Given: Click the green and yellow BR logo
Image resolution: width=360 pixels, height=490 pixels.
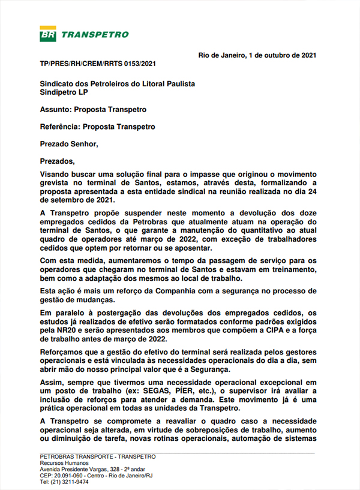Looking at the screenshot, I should point(48,34).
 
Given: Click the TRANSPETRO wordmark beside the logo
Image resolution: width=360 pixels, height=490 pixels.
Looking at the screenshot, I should point(95,34).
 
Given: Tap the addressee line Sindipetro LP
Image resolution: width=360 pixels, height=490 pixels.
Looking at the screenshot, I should point(64,94).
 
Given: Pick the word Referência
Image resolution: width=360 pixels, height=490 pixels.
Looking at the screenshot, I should point(59,127).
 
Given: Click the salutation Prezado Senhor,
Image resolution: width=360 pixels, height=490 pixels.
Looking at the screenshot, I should point(68,144).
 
